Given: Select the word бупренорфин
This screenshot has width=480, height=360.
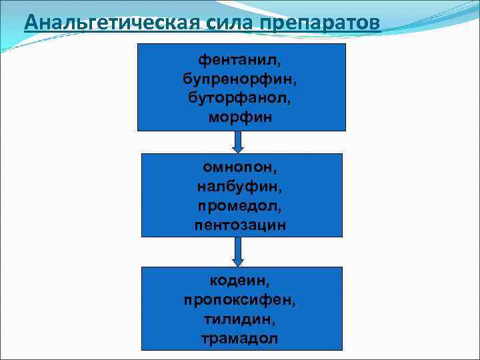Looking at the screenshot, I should tap(239, 79).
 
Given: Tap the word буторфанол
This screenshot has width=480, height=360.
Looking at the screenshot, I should tap(239, 99).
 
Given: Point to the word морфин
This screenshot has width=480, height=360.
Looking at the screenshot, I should tap(241, 118).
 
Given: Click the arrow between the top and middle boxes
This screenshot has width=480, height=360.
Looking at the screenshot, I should tap(238, 141).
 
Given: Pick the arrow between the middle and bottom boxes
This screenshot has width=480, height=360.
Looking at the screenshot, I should tap(238, 251).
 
